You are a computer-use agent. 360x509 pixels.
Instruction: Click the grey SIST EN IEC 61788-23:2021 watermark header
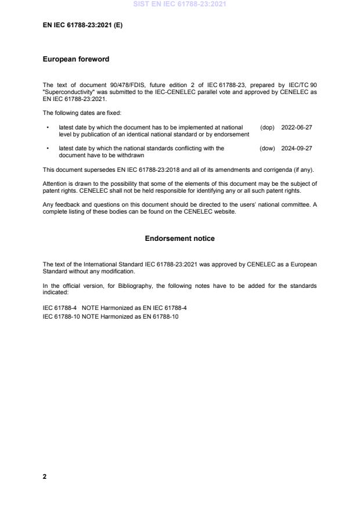(179, 4)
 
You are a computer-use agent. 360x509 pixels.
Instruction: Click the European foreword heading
(76, 59)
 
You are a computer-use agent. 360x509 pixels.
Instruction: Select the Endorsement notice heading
(179, 239)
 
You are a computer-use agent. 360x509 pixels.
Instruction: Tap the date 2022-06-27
(296, 127)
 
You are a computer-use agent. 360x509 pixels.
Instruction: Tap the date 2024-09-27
(296, 149)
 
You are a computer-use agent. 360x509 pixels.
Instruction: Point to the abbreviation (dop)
(267, 127)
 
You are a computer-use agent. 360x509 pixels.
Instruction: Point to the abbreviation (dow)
(267, 149)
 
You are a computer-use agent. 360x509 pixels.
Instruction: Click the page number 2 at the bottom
(45, 476)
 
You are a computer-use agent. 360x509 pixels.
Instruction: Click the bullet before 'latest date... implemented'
(47, 127)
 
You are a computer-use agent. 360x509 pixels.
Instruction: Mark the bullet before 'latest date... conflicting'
(47, 149)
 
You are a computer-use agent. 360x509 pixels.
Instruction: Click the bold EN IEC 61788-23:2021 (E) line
(82, 26)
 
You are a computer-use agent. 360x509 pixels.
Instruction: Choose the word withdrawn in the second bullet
(131, 156)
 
